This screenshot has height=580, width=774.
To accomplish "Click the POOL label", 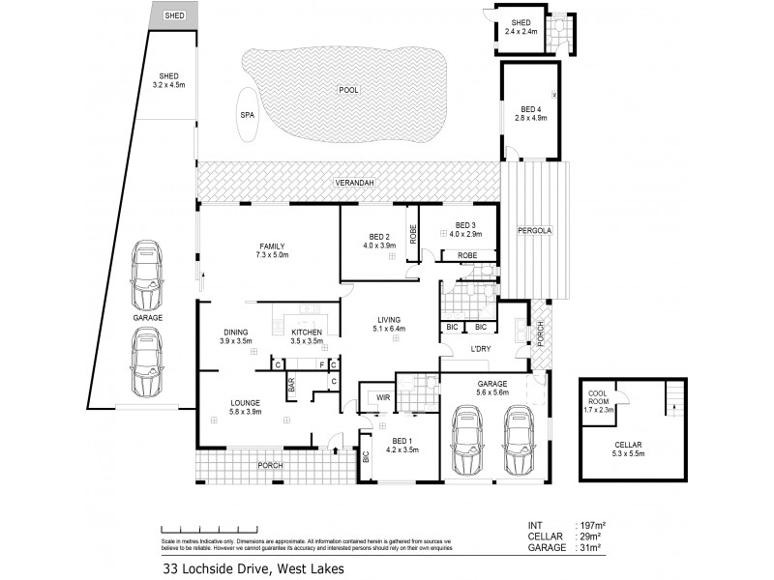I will point(348,90).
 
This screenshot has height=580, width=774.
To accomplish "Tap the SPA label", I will point(247,113).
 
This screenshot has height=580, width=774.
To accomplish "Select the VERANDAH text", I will point(355,182).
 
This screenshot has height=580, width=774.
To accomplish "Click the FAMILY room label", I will point(270,246).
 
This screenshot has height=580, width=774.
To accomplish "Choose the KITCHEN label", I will point(307,333).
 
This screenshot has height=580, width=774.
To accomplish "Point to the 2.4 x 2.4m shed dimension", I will point(521,32).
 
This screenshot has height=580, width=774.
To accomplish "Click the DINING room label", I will point(236,333).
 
